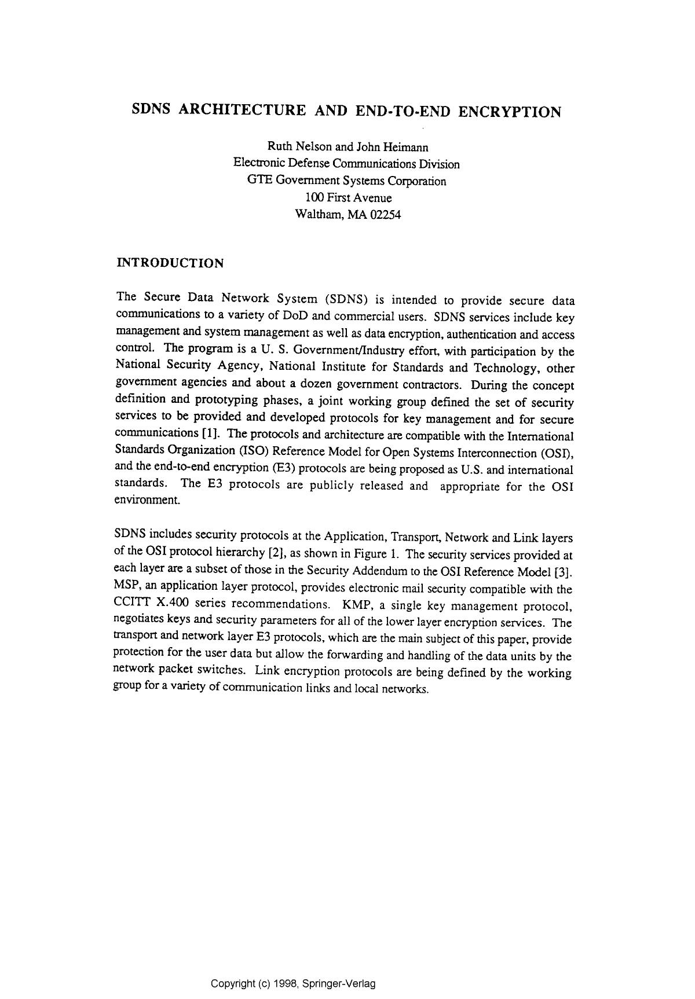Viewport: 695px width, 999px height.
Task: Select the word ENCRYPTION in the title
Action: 510,112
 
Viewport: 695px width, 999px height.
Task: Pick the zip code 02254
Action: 385,215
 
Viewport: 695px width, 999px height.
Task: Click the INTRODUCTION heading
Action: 170,263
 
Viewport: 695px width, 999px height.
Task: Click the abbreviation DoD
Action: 296,317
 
